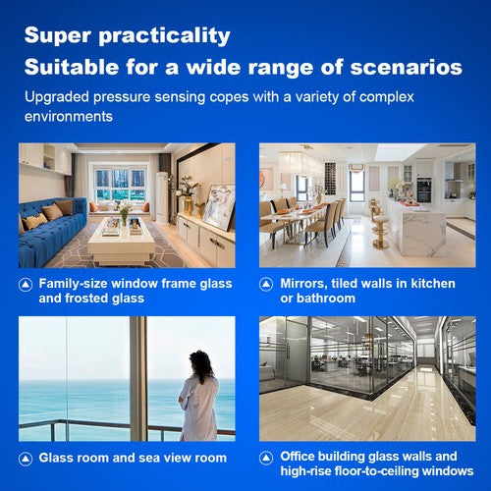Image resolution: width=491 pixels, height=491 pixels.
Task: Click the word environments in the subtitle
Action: [x=70, y=116]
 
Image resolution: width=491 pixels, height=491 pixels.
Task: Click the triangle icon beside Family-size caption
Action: [x=26, y=284]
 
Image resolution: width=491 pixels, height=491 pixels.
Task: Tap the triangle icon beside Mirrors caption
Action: [x=267, y=284]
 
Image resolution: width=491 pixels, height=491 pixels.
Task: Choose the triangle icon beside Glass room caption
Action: [x=26, y=458]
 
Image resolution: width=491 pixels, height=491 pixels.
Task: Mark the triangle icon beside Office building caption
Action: [x=267, y=457]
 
